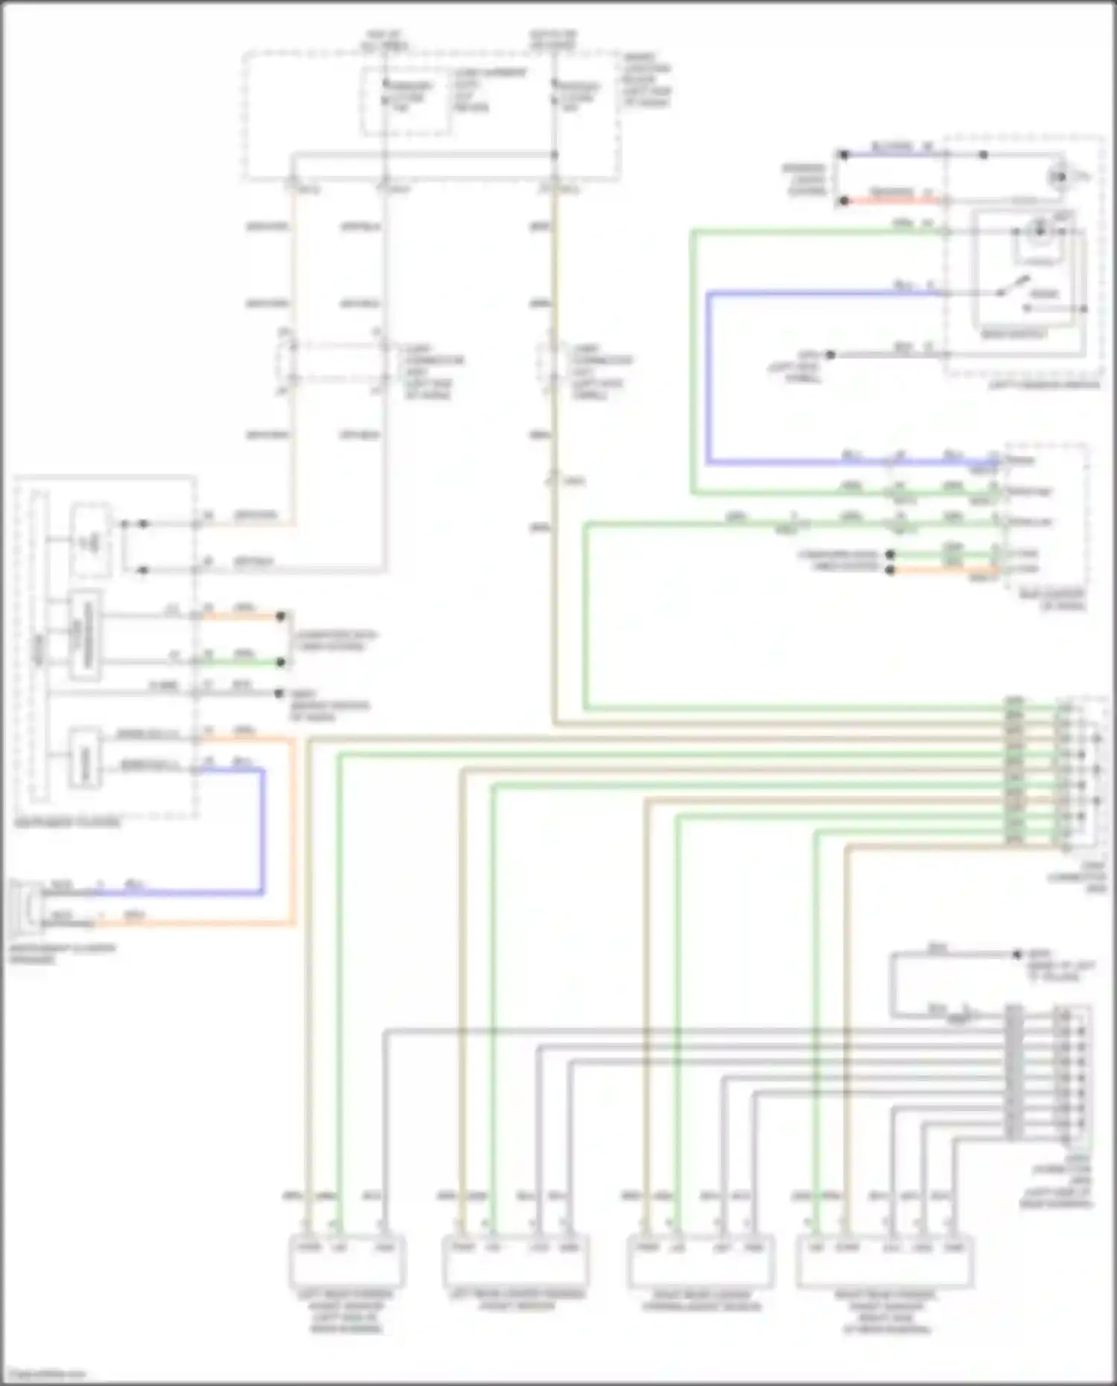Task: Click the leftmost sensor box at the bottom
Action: coord(347,1261)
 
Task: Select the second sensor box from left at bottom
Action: coord(515,1261)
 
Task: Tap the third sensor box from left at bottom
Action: coord(701,1261)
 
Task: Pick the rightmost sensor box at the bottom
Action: coord(885,1261)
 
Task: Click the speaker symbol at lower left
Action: coord(27,906)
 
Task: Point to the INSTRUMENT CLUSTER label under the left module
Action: coord(67,823)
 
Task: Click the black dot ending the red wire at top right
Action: coord(844,201)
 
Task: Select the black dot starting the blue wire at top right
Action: coord(844,155)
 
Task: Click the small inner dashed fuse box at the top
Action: coord(407,101)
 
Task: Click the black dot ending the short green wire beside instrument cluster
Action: coord(281,662)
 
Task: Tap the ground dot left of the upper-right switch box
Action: coord(830,355)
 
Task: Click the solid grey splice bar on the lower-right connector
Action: coord(1014,1072)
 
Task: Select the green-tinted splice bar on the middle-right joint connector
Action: coord(1014,771)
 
